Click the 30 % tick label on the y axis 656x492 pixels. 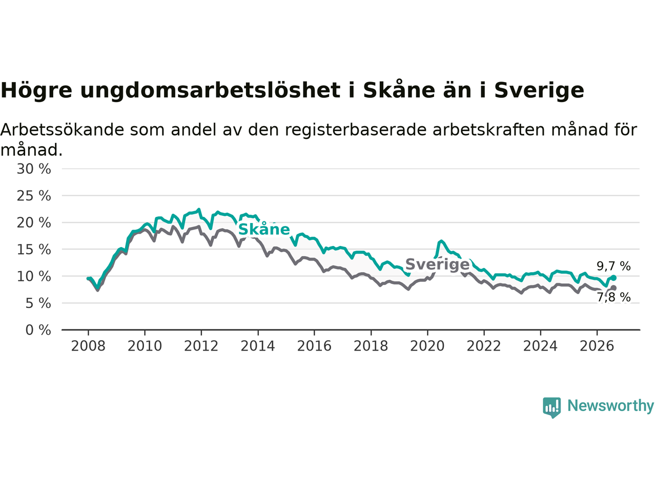click(x=34, y=169)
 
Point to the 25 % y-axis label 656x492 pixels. click(x=34, y=196)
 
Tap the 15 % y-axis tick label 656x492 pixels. click(x=34, y=250)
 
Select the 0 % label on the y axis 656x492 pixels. click(x=38, y=330)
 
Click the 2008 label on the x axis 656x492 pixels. click(x=88, y=346)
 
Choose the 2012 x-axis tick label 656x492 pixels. click(x=201, y=346)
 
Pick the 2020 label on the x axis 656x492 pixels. click(x=427, y=346)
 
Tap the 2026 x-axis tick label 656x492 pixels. click(x=597, y=346)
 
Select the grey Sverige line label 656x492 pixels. click(x=438, y=264)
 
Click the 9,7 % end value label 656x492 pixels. click(x=614, y=266)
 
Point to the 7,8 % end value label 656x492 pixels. click(x=614, y=297)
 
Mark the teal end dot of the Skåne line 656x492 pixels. click(x=613, y=278)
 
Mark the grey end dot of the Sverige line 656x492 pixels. click(x=613, y=288)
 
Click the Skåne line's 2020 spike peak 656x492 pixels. click(x=441, y=240)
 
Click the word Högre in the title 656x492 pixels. click(x=36, y=90)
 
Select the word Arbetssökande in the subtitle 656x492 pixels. click(x=62, y=130)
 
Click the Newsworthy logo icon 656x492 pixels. click(x=551, y=407)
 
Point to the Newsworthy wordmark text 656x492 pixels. click(x=610, y=406)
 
